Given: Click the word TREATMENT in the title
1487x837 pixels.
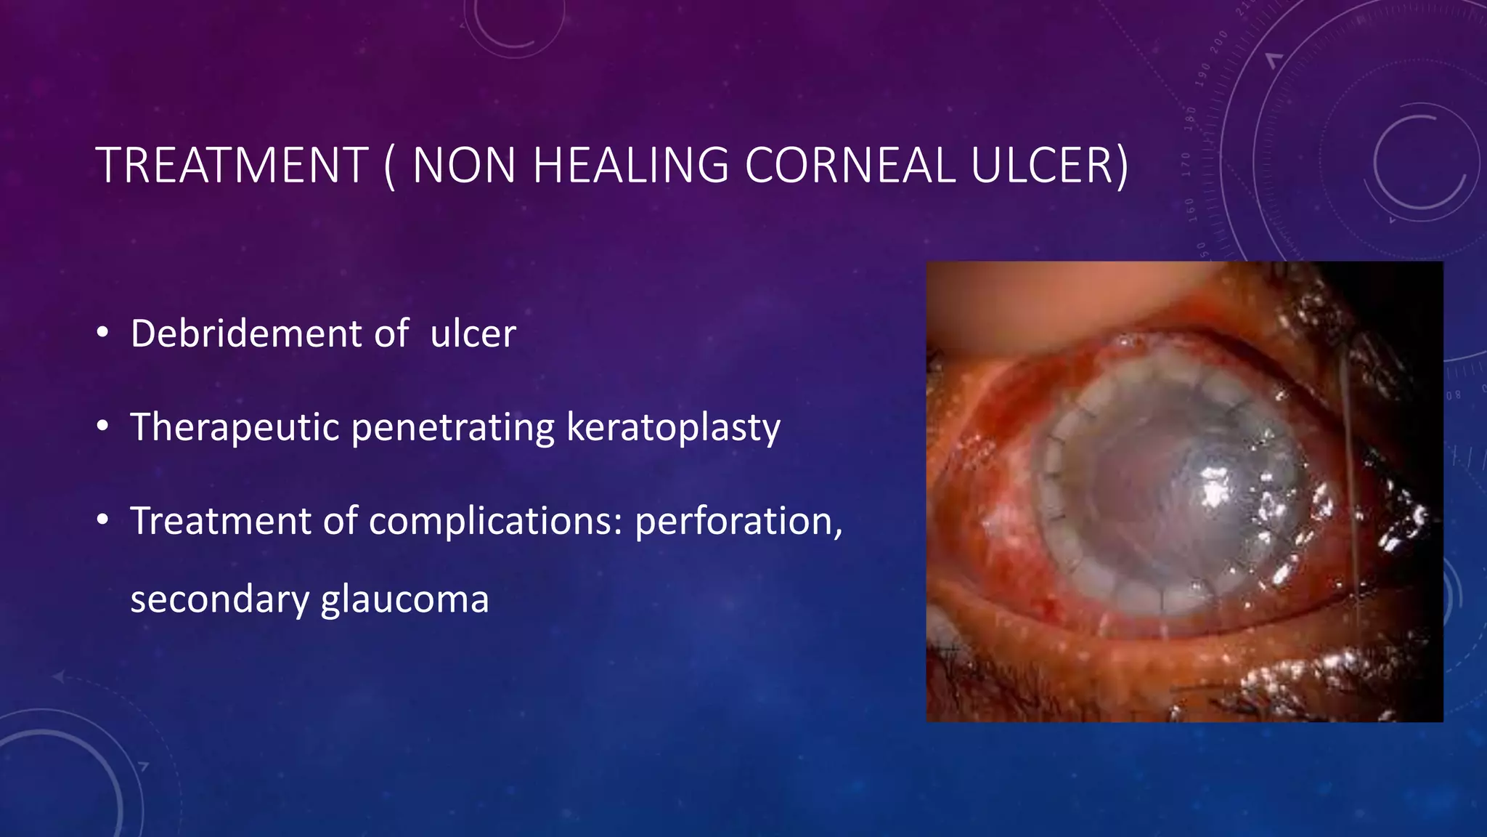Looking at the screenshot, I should point(232,166).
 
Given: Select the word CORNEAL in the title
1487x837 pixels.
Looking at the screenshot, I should point(850,166).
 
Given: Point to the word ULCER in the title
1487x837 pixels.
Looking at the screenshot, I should point(1042,166).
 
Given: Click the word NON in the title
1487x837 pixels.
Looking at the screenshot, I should point(465,166).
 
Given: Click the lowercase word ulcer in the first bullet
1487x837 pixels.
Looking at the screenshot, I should point(473,333).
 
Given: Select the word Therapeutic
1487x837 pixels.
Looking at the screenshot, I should point(235,427).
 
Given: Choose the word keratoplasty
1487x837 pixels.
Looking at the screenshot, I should point(673,427).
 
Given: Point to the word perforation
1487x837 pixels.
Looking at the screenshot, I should point(738,521).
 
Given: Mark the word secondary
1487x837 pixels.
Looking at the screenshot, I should point(219,600).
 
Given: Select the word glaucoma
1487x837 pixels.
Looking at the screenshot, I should point(404,600).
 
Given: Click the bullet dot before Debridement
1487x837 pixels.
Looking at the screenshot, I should point(102,333).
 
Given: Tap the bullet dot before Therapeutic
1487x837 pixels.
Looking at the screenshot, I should point(102,426).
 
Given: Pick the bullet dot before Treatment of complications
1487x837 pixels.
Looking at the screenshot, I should point(102,520).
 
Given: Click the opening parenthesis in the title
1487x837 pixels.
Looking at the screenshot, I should point(390,167).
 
